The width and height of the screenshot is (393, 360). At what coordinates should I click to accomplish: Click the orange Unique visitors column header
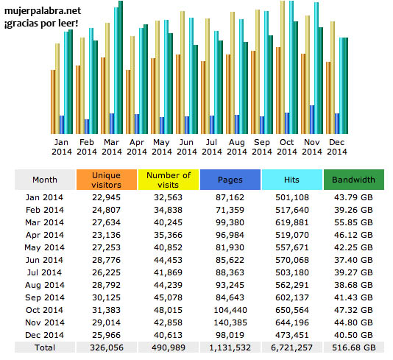click(107, 180)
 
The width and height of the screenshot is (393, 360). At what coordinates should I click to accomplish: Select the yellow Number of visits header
click(169, 180)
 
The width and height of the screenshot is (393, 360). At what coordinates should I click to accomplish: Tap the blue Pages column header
click(230, 180)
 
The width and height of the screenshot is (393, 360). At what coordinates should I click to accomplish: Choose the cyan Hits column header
click(291, 180)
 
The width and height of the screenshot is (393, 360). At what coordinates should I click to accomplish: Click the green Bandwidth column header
click(353, 180)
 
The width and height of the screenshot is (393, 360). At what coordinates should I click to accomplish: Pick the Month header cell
click(45, 180)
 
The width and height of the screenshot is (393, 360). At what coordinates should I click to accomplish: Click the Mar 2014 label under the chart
click(112, 147)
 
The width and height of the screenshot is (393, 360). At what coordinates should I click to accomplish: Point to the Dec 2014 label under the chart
click(336, 147)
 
